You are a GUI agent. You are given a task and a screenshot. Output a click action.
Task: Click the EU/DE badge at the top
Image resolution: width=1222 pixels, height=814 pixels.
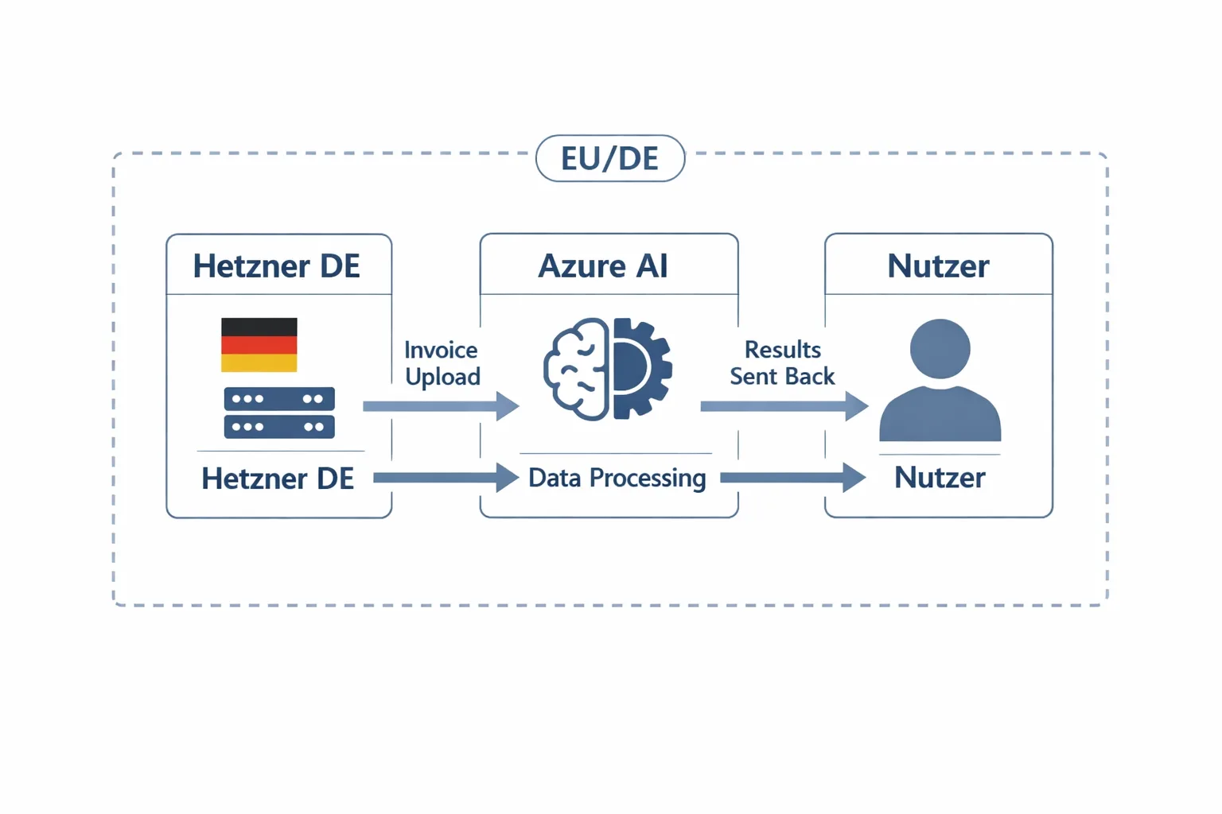pyautogui.click(x=610, y=159)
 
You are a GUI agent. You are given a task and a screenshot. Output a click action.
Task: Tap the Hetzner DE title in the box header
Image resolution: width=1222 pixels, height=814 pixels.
pyautogui.click(x=277, y=266)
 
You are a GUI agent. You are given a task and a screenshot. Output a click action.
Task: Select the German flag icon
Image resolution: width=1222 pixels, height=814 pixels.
pyautogui.click(x=259, y=345)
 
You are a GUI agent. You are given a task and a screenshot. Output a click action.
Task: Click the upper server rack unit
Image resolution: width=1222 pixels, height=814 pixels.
pyautogui.click(x=279, y=398)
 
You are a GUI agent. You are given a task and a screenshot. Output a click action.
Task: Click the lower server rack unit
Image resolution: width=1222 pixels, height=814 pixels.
pyautogui.click(x=279, y=427)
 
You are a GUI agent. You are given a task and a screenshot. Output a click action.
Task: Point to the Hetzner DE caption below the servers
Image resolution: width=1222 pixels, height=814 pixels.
pyautogui.click(x=278, y=479)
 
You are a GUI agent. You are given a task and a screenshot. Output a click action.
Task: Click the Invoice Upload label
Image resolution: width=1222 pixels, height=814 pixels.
pyautogui.click(x=442, y=363)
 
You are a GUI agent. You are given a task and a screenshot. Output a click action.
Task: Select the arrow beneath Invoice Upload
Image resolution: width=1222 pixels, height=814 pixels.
pyautogui.click(x=440, y=406)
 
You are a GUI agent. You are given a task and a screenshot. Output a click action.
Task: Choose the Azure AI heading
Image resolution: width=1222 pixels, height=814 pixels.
pyautogui.click(x=603, y=266)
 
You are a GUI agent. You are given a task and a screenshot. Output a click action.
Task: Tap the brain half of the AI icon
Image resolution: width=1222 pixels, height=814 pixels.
pyautogui.click(x=577, y=370)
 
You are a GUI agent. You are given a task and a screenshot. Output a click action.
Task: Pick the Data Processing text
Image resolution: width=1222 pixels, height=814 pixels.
pyautogui.click(x=617, y=478)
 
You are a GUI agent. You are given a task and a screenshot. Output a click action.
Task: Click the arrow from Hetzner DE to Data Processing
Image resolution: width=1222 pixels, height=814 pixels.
pyautogui.click(x=445, y=478)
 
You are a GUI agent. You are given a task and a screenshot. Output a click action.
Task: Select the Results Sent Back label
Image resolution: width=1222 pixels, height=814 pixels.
pyautogui.click(x=782, y=363)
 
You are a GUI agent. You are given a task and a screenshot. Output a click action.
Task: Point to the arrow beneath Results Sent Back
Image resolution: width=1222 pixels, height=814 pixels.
pyautogui.click(x=783, y=406)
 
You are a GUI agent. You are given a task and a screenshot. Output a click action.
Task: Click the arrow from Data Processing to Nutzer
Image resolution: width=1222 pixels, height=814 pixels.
pyautogui.click(x=792, y=478)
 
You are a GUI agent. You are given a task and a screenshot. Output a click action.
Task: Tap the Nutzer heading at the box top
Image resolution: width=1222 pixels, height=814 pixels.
pyautogui.click(x=938, y=266)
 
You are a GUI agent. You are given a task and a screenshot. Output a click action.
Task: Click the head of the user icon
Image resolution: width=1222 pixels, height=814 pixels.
pyautogui.click(x=940, y=348)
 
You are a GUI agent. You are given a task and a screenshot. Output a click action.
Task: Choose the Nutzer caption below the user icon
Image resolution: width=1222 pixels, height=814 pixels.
pyautogui.click(x=940, y=478)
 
